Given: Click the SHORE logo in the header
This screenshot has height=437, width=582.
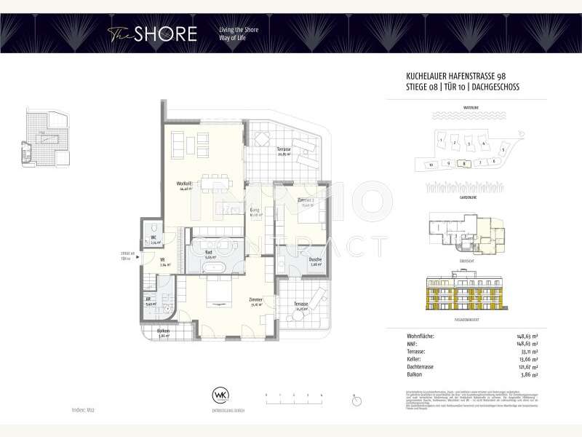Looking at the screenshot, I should click(x=152, y=34).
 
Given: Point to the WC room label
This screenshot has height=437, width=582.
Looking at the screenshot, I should click(x=154, y=238).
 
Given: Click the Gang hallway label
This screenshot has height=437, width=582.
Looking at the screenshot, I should click(x=255, y=210).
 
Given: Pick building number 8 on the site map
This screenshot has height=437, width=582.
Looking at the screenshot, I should click(x=465, y=164).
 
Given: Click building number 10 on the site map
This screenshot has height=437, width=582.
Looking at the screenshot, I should click(x=431, y=165).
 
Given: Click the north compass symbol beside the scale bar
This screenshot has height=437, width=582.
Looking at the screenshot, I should click(x=355, y=400).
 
